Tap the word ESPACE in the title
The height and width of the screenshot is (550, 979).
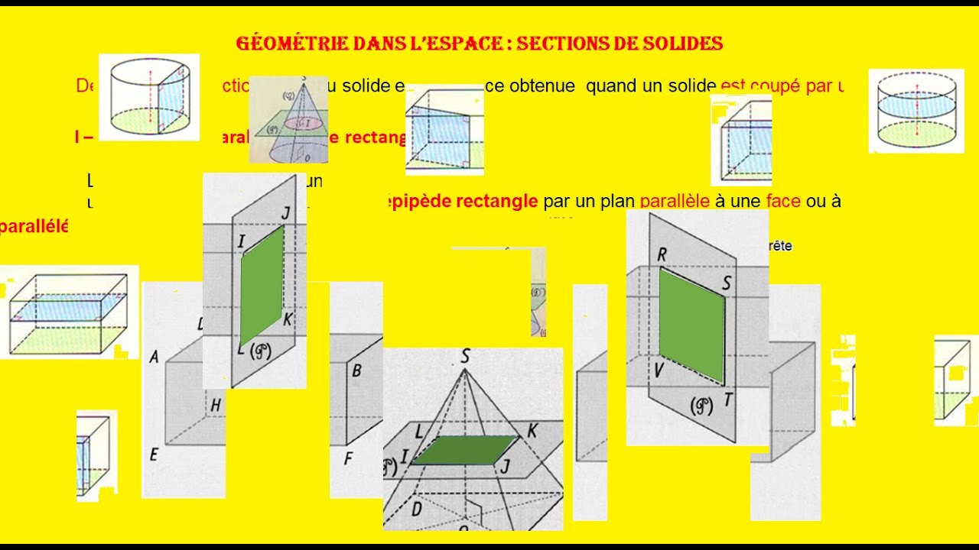pyautogui.click(x=463, y=44)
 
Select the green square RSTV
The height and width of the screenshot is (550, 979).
pyautogui.click(x=691, y=325)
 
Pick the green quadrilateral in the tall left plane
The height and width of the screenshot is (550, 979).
pyautogui.click(x=262, y=285)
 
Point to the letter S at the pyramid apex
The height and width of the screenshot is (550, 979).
pyautogui.click(x=465, y=356)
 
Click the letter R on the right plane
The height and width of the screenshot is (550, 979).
pyautogui.click(x=662, y=255)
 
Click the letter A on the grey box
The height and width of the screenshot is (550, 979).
pyautogui.click(x=154, y=357)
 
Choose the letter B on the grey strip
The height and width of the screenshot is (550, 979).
pyautogui.click(x=356, y=372)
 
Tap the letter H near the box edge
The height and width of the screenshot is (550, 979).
pyautogui.click(x=216, y=406)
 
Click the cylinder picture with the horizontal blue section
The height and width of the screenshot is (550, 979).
pyautogui.click(x=916, y=111)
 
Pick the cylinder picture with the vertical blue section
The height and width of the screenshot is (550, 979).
pyautogui.click(x=149, y=97)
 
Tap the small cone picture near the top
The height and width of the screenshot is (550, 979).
pyautogui.click(x=288, y=119)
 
